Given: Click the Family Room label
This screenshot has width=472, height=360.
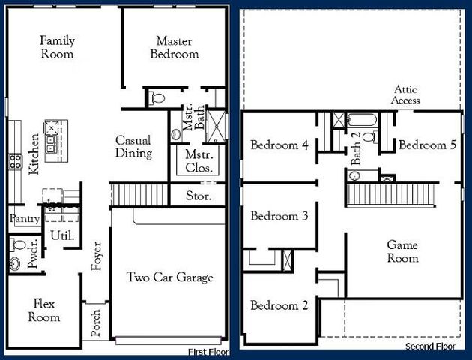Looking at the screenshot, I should coord(57,47).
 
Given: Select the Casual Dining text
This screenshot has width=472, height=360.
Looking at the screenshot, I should coord(133,147).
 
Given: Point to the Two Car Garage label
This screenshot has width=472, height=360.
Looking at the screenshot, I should coord(169,277).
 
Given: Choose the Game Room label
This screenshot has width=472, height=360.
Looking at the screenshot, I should coord(402,251).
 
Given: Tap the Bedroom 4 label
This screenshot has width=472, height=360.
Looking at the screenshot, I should coord(279,145).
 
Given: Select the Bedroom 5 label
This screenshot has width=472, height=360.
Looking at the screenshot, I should coord(427,145).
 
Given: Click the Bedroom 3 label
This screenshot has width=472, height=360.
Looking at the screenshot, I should coord(279,216).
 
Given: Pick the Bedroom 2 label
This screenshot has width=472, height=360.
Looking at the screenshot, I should coord(279,305).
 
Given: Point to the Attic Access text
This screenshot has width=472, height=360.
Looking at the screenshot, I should coord(407,94).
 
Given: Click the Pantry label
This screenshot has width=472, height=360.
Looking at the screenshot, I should coord(24,219).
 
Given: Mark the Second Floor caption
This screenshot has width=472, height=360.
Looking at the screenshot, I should coord(430,346).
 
